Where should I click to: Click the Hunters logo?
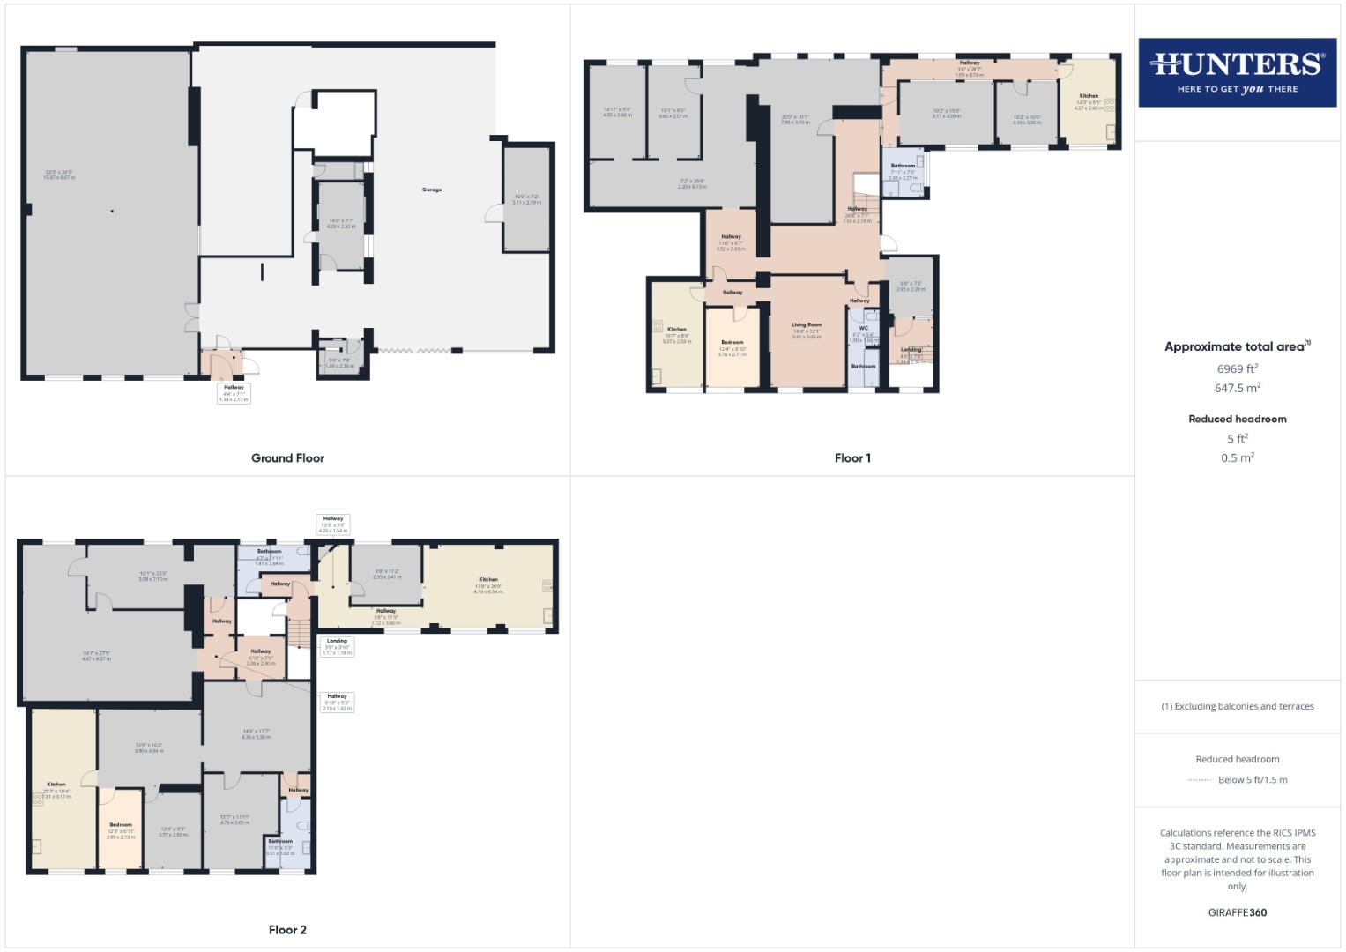1237,72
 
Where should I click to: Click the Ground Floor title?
287,458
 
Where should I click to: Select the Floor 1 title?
852,458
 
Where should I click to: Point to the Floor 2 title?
287,930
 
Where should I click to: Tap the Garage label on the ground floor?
431,190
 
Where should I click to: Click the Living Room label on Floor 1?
806,325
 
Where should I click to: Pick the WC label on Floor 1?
863,328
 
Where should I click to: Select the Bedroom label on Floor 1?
732,342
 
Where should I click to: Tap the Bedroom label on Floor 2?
120,825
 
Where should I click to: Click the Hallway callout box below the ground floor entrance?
234,393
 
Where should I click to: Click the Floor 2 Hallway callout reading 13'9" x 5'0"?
332,524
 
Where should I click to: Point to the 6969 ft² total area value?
1237,368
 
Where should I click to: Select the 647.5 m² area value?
1237,388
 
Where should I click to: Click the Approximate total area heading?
1237,346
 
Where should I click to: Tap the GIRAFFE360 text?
1237,912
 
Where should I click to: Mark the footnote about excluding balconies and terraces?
1237,706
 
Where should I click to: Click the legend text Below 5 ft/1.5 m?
1252,779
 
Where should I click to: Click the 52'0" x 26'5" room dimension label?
59,175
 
